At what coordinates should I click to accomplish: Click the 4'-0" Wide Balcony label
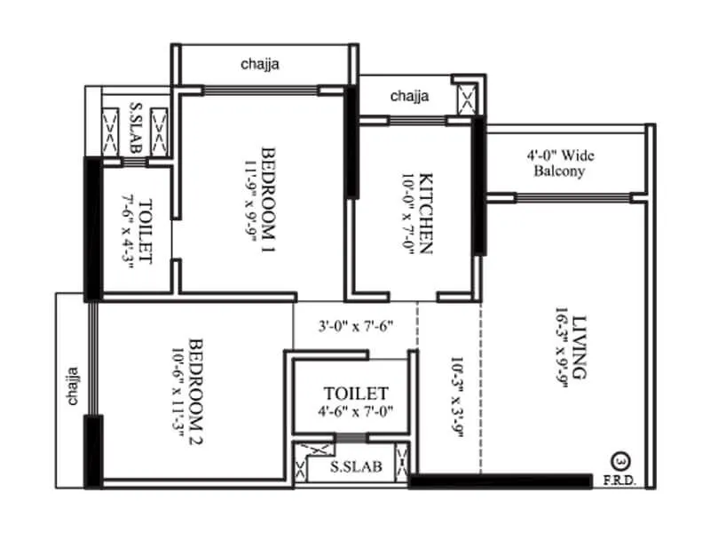tap(559, 163)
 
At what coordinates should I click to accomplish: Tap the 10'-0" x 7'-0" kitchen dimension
tap(407, 212)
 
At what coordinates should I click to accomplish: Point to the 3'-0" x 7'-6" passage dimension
tap(355, 327)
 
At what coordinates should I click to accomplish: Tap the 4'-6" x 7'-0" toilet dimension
tap(355, 411)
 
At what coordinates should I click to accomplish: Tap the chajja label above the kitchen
tap(410, 95)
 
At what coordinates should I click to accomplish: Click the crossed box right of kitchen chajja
tap(467, 97)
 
